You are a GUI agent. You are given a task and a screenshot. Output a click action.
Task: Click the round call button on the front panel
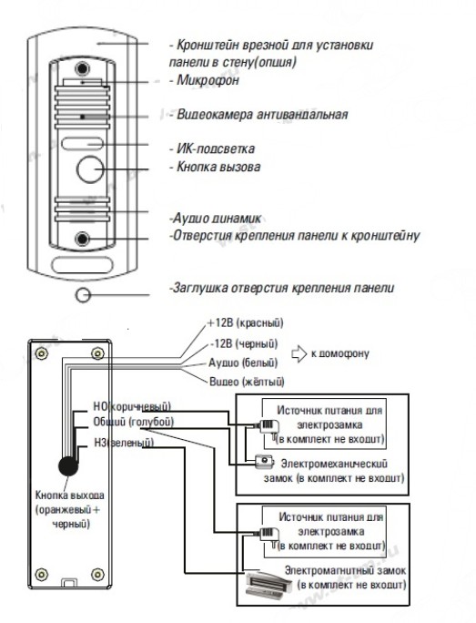pos(90,169)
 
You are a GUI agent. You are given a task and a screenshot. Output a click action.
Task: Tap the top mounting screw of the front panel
pos(82,68)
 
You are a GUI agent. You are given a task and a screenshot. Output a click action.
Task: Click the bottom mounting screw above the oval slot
pos(82,238)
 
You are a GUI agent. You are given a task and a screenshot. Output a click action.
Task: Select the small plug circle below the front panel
pos(83,295)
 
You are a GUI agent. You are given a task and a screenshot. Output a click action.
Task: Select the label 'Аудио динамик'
pos(217,218)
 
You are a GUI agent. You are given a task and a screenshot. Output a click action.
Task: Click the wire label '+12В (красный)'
pos(246,323)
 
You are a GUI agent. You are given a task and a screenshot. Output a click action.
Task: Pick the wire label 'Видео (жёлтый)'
pos(247,382)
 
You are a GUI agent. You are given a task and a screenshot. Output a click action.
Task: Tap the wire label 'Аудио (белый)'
pos(243,363)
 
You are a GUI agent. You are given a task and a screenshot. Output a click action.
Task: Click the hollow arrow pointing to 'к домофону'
pos(299,353)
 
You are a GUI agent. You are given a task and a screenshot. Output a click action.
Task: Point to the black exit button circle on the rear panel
pos(68,465)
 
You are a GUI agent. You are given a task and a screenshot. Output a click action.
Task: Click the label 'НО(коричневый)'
pos(132,406)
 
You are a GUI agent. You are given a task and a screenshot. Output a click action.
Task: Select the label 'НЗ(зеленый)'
pos(124,443)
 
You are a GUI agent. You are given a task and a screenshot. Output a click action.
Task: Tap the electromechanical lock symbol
pos(265,461)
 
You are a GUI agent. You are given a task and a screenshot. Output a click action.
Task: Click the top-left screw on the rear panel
pos(41,353)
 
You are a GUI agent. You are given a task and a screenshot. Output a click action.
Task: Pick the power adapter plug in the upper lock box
pos(268,427)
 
